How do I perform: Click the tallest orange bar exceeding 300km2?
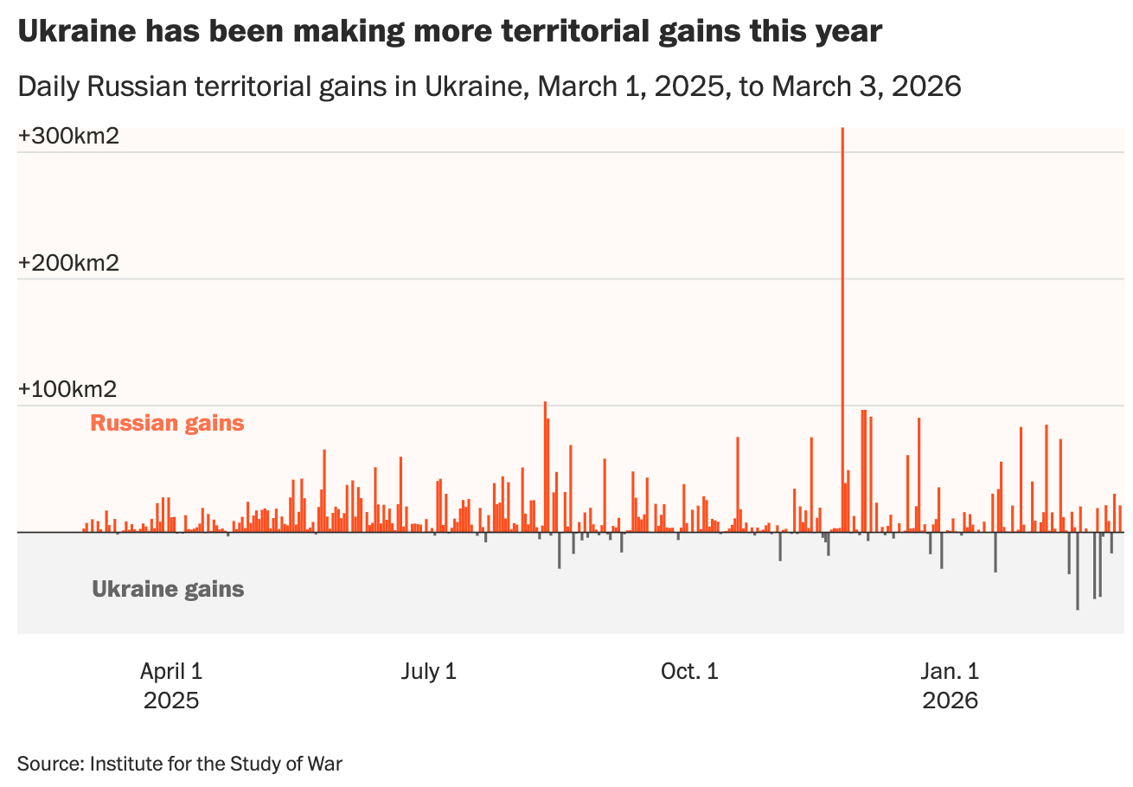(842, 329)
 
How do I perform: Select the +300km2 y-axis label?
(68, 137)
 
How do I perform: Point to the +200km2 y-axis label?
(68, 263)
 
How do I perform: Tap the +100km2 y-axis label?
(68, 389)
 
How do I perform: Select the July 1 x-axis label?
(429, 671)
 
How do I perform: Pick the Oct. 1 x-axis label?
(689, 671)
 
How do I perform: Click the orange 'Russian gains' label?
(167, 424)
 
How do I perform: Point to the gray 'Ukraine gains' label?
(168, 590)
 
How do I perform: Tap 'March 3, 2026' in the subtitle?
(867, 86)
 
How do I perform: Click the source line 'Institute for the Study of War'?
(216, 764)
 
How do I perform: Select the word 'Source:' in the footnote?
(50, 764)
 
